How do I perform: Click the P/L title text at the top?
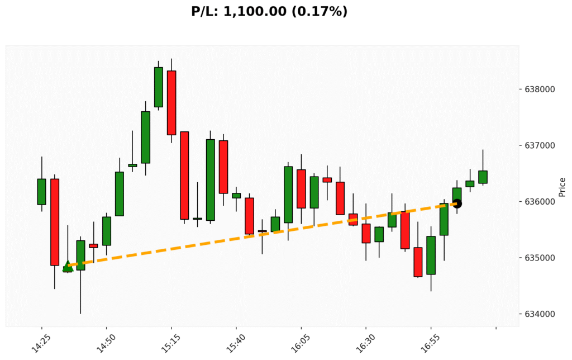tap(269, 11)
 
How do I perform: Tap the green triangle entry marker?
tap(68, 266)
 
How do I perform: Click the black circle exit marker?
tap(457, 203)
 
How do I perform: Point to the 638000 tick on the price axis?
tap(540, 89)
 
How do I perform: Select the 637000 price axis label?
tap(540, 145)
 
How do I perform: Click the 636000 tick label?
tap(540, 202)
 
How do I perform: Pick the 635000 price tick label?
tap(540, 258)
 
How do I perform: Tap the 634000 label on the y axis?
tap(540, 314)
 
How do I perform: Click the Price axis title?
tap(562, 187)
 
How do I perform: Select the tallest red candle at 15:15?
tap(171, 103)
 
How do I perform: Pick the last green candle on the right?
tap(483, 177)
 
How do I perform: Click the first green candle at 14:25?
tap(41, 192)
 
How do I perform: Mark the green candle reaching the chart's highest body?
tap(159, 87)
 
